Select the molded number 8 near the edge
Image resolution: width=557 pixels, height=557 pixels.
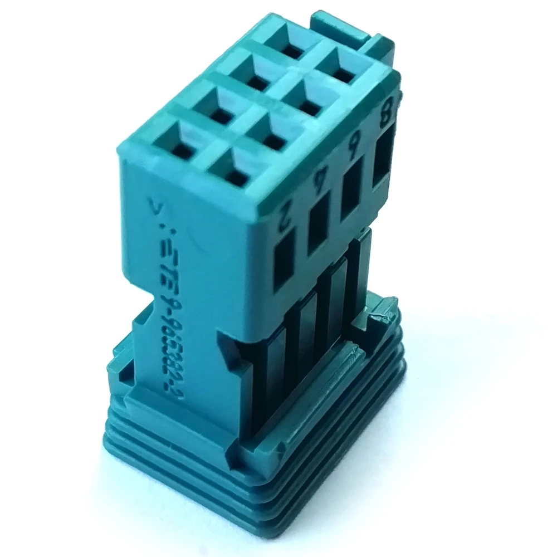[384, 116]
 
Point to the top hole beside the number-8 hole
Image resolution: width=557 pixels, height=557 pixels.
[290, 48]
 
